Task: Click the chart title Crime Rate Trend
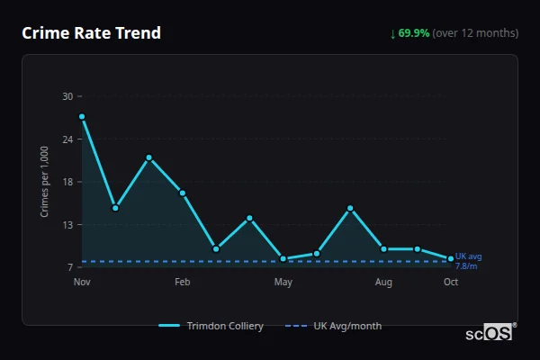(x=91, y=33)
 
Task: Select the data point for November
(x=82, y=116)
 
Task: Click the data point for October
(x=451, y=259)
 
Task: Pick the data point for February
(x=183, y=193)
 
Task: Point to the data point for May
(x=283, y=258)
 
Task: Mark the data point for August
(x=384, y=248)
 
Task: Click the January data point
(x=149, y=157)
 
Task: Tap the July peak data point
(x=350, y=209)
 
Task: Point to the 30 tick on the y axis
(x=67, y=96)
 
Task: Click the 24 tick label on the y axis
(x=67, y=139)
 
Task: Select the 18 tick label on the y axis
(x=67, y=182)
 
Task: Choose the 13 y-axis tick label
(x=67, y=225)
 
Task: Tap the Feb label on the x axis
(x=183, y=282)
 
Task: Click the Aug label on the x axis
(x=384, y=282)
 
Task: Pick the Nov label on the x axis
(x=82, y=282)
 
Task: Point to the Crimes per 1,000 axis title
(x=45, y=181)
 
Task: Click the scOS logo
(x=490, y=332)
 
